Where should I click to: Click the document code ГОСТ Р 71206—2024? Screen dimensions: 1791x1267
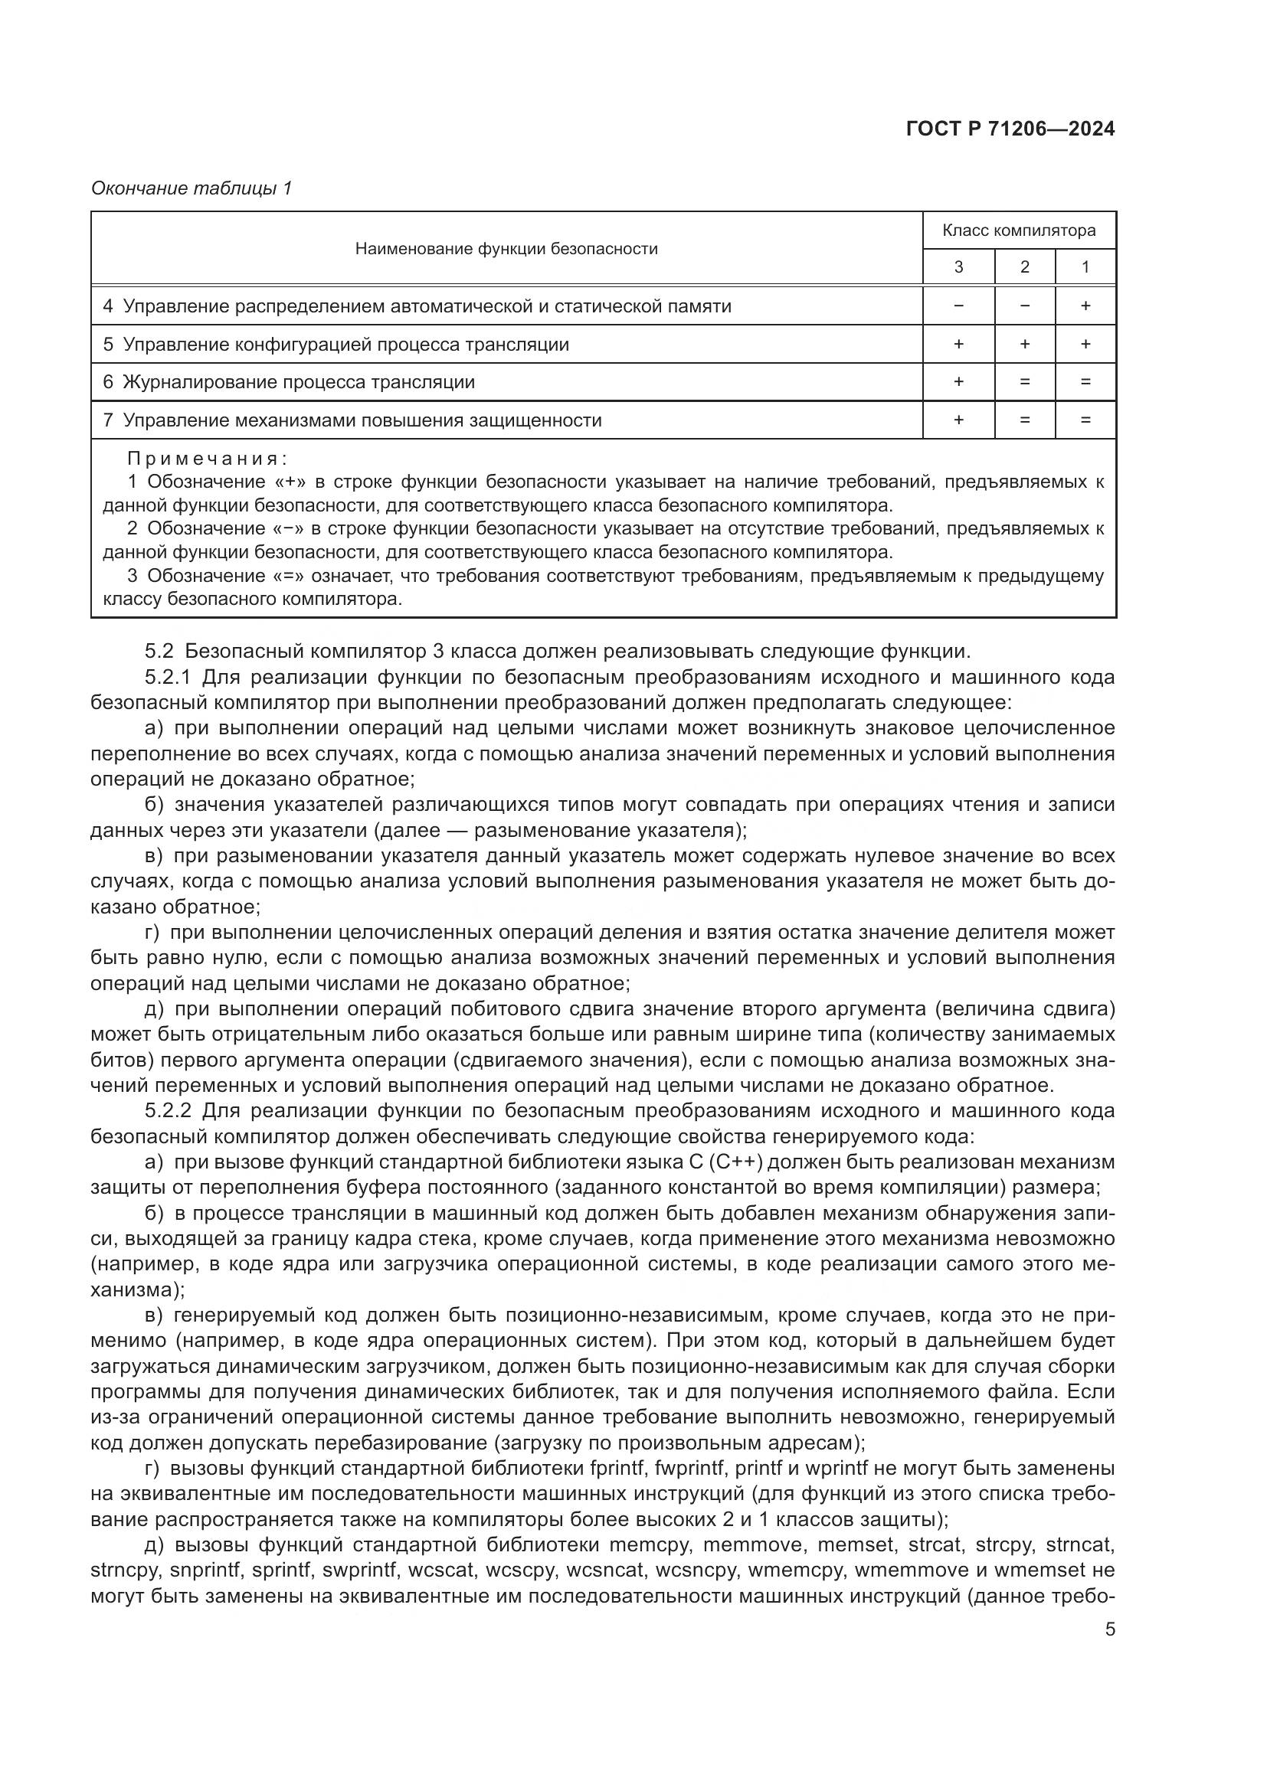click(1010, 129)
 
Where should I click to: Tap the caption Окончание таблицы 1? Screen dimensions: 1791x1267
click(192, 188)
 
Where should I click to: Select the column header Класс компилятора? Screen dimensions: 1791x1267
click(1018, 230)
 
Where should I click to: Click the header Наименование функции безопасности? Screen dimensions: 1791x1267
click(506, 249)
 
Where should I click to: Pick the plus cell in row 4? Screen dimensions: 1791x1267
click(1085, 306)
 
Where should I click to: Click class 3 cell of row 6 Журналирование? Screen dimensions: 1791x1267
click(958, 381)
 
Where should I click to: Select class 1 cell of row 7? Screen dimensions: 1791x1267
click(1085, 420)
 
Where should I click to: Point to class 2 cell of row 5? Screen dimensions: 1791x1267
click(1024, 344)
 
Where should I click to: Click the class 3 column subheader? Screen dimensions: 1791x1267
click(958, 266)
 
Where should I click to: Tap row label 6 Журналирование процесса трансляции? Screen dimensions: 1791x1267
click(289, 381)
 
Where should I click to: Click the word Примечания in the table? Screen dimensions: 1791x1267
click(208, 458)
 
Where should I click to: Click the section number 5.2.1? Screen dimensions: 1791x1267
click(168, 677)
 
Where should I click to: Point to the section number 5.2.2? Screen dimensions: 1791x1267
click(168, 1110)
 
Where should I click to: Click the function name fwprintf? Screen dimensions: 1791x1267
click(690, 1467)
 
